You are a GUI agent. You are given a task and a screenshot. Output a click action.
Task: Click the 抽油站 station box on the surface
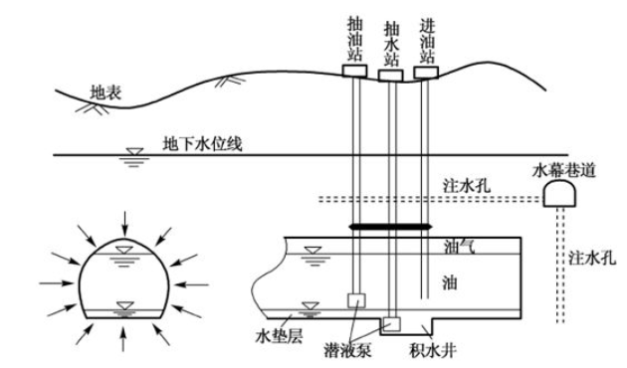tap(354, 71)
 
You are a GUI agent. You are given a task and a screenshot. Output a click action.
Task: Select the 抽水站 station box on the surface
tap(390, 76)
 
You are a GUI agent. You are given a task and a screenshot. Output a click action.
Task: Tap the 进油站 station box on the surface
tap(426, 73)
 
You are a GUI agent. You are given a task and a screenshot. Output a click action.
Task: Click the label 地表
tap(105, 93)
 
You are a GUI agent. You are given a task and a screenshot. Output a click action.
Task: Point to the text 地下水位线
tap(202, 144)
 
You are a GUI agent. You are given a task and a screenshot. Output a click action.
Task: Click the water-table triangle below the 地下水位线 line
tap(134, 152)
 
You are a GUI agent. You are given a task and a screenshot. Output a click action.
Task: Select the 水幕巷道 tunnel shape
tap(559, 193)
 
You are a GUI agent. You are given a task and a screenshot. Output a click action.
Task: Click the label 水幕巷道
tap(564, 171)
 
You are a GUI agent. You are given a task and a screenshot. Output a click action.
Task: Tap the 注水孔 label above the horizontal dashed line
tap(466, 186)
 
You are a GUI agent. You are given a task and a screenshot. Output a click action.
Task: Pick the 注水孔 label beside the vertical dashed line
tap(592, 258)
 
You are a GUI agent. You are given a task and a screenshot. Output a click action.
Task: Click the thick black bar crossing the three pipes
tap(390, 227)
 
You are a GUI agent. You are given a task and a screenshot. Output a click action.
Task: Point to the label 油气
tap(459, 247)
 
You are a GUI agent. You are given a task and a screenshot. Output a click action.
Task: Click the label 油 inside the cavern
tap(450, 282)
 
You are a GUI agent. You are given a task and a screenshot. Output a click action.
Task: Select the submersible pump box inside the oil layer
tap(356, 300)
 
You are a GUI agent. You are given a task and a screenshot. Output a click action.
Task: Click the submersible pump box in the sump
tap(392, 324)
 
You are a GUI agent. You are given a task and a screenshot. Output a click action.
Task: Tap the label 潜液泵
tap(348, 350)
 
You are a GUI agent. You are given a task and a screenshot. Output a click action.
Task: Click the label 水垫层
tap(279, 336)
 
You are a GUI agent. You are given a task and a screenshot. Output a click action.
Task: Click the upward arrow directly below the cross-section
tap(123, 339)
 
